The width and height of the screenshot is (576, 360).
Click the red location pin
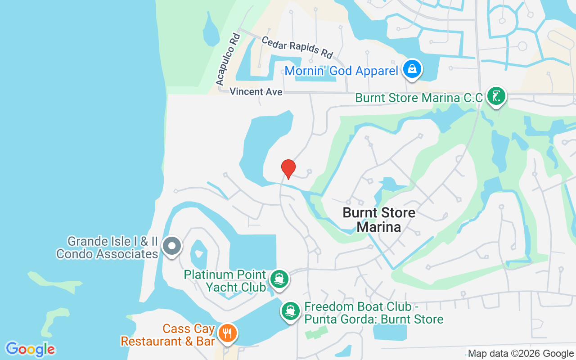pos(288,169)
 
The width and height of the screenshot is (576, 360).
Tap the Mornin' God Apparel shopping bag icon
pos(412,69)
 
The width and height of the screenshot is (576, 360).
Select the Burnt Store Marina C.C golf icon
pos(495,96)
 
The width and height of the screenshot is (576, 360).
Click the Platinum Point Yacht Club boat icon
pos(279,279)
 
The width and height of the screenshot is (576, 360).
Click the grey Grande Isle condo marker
pos(171,247)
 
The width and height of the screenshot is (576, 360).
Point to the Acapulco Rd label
pos(228,59)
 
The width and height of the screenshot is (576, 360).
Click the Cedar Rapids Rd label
pos(297,47)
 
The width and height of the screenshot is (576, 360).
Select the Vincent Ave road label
pos(256,92)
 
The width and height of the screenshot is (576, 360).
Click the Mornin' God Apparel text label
pos(341,71)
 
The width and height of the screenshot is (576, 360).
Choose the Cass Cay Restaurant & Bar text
pos(168,335)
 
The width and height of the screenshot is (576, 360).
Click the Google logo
pos(31,349)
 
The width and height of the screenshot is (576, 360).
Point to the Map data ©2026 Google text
pos(521,354)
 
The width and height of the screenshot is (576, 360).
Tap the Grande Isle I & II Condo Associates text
pos(107,247)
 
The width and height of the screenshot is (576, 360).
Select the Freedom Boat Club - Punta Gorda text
pos(373,313)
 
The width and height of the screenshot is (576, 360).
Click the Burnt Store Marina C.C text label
pos(418,98)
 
